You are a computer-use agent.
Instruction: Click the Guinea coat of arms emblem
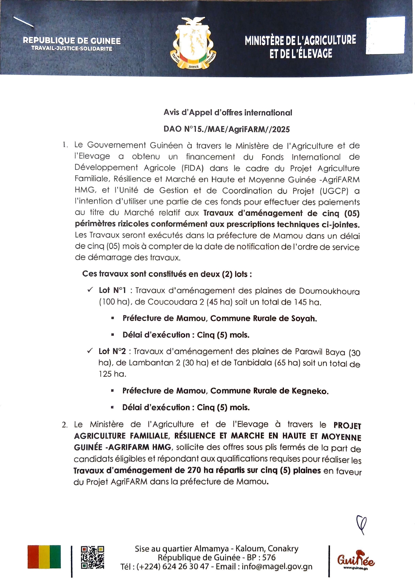click(194, 44)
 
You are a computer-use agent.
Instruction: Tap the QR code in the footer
click(92, 557)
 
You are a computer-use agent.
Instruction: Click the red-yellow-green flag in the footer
click(44, 557)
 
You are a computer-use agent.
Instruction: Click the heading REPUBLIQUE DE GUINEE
click(72, 41)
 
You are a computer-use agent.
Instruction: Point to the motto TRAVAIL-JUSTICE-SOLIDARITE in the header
click(72, 49)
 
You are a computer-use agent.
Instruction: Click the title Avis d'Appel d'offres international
click(227, 113)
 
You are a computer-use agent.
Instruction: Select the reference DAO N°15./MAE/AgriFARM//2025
click(226, 129)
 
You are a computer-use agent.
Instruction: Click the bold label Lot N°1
click(112, 290)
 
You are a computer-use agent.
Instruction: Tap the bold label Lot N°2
click(112, 351)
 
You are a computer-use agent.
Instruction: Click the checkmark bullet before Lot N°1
click(90, 290)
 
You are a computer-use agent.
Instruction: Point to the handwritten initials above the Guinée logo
click(361, 524)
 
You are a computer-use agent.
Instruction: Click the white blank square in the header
click(385, 35)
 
